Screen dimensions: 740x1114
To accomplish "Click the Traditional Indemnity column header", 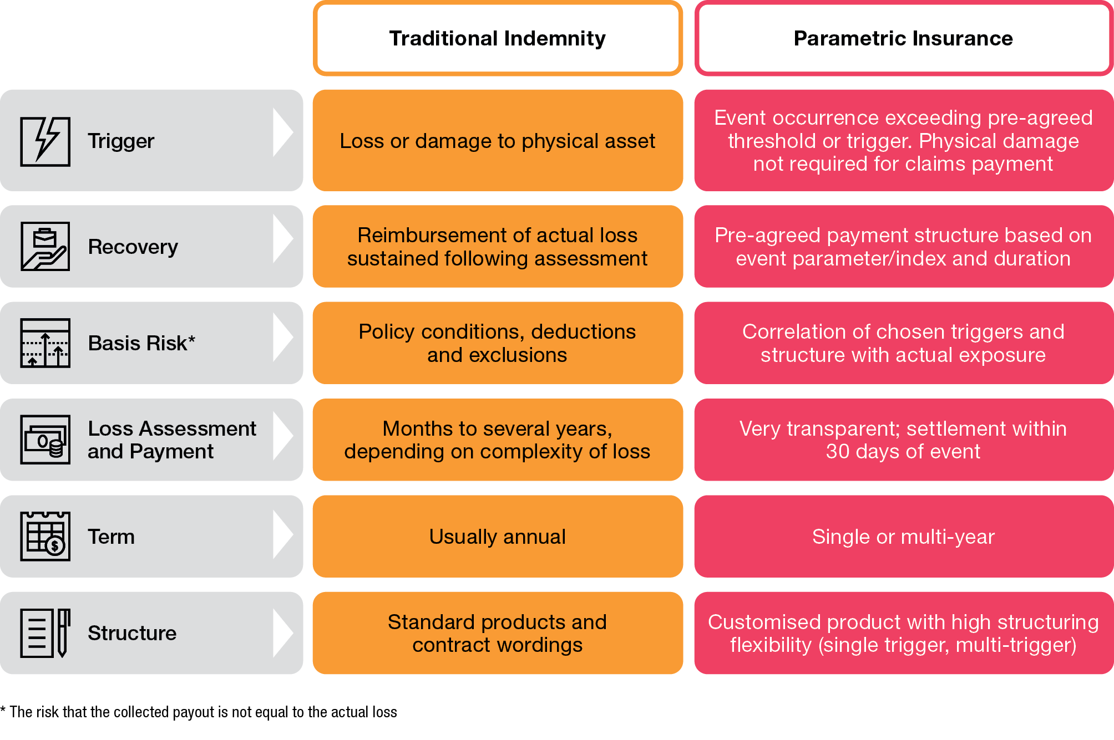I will [497, 38].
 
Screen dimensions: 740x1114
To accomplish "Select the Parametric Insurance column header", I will [903, 38].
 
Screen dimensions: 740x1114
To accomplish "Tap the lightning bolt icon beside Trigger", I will [45, 141].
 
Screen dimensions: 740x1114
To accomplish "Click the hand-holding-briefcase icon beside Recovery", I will [45, 247].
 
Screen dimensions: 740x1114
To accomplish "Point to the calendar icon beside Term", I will [45, 536].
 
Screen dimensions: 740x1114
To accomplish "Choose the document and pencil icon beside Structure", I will [45, 632].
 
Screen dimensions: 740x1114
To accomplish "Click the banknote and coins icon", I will [45, 440].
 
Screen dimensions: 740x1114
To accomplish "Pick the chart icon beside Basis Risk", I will [45, 343].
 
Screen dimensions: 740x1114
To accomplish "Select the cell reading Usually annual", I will [497, 537].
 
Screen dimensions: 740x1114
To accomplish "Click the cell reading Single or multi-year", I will [903, 537].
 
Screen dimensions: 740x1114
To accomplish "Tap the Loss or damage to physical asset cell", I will [497, 141].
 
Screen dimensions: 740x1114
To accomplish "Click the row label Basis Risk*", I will [141, 343].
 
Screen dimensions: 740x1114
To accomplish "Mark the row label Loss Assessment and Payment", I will [171, 440].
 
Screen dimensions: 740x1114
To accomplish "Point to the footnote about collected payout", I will [199, 712].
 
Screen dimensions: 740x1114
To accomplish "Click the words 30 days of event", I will [903, 452].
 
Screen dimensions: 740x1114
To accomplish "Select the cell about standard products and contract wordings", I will [497, 633].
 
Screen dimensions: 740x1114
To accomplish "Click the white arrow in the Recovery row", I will [283, 239].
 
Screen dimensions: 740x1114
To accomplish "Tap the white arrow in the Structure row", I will [283, 633].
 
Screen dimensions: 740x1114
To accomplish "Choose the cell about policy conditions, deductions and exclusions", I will [497, 343].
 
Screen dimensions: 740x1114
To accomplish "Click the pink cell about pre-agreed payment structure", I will [903, 247].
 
